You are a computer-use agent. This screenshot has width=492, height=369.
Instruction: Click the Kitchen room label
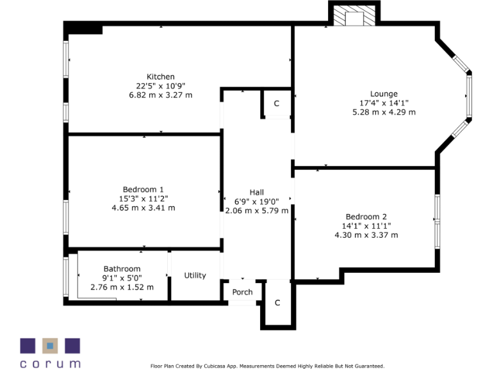[x=160, y=77]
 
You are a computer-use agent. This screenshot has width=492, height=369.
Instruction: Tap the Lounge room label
[x=384, y=94]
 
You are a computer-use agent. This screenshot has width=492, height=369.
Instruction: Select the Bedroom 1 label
[x=143, y=190]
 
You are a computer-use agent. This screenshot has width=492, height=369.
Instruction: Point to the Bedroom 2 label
[x=366, y=217]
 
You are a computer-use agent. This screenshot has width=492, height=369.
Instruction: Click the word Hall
[x=256, y=192]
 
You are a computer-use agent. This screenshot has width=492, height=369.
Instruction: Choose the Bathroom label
[x=122, y=269]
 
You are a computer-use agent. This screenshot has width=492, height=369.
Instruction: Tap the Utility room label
[x=195, y=275]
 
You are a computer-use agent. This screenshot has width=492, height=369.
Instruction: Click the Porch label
[x=242, y=292]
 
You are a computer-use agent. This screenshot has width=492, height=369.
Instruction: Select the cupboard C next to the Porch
[x=277, y=302]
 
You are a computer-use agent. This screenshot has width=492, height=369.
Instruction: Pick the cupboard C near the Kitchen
[x=277, y=103]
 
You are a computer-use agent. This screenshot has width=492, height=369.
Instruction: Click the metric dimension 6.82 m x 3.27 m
[x=160, y=95]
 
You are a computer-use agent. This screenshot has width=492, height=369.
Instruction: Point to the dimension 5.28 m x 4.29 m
[x=384, y=112]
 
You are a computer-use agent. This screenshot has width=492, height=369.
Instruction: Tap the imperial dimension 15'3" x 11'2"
[x=143, y=199]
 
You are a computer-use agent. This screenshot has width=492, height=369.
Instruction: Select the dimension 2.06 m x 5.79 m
[x=256, y=209]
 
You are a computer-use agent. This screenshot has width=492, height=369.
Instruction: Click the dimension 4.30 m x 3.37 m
[x=366, y=235]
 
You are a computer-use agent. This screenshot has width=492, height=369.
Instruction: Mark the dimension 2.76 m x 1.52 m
[x=122, y=287]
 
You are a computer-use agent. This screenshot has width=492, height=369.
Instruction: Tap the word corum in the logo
[x=50, y=363]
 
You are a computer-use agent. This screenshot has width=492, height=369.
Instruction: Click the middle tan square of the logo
[x=50, y=346]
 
